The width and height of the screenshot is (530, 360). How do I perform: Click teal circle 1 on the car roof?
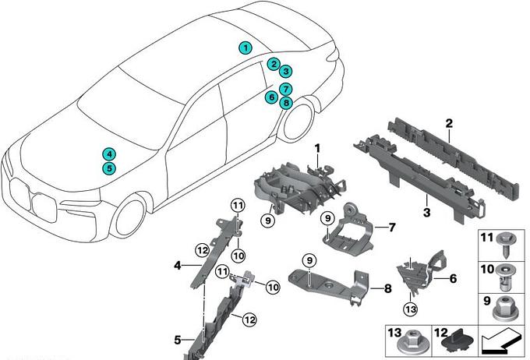click(246, 48)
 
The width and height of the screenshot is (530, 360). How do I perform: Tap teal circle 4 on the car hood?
click(108, 154)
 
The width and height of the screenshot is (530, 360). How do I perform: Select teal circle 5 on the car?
click(108, 168)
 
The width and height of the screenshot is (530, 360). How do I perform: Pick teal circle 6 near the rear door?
click(270, 97)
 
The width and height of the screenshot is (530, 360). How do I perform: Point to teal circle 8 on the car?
click(286, 102)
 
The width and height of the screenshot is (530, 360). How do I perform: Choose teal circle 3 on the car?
click(286, 71)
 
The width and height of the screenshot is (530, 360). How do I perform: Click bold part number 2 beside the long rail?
click(449, 124)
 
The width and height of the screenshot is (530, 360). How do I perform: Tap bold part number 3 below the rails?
click(426, 211)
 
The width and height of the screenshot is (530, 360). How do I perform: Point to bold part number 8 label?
click(387, 288)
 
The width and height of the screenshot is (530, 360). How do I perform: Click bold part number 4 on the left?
click(178, 265)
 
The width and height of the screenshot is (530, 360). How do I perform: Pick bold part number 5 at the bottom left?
click(178, 339)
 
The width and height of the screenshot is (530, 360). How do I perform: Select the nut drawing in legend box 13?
click(411, 342)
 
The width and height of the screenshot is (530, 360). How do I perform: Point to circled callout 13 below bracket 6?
click(411, 309)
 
